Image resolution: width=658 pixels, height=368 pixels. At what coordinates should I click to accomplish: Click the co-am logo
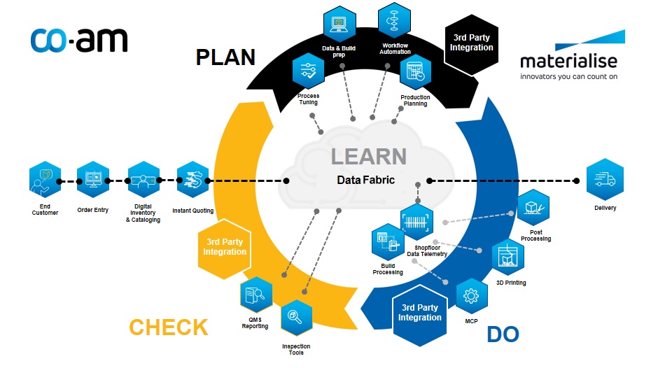[79, 41]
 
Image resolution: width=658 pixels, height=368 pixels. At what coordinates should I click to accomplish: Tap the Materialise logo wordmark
[568, 62]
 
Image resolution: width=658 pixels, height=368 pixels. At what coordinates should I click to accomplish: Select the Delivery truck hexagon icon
[605, 179]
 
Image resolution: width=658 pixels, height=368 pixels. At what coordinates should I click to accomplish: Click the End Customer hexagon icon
[45, 180]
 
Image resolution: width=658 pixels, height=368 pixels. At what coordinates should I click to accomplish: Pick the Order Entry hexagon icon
[92, 180]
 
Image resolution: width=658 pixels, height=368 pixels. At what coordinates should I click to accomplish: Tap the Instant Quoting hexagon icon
[193, 180]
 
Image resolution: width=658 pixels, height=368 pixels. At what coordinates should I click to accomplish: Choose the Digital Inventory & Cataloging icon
[143, 180]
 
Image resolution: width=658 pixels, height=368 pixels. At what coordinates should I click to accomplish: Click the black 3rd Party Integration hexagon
[471, 45]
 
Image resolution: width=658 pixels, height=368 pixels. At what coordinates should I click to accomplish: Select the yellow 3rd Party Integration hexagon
[225, 248]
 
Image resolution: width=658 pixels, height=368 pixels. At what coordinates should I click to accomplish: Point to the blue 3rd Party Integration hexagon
[419, 315]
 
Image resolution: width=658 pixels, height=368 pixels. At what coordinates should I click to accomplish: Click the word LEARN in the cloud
[369, 157]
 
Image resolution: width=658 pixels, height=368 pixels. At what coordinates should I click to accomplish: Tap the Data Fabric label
[366, 180]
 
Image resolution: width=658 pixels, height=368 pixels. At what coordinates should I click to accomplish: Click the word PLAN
[226, 57]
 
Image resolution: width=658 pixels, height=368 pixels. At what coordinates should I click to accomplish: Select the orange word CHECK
[168, 327]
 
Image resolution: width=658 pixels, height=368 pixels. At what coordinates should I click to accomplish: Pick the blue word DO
[503, 334]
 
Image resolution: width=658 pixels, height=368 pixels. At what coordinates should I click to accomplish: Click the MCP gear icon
[471, 296]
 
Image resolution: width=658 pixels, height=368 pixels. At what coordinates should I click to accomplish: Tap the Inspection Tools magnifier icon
[296, 317]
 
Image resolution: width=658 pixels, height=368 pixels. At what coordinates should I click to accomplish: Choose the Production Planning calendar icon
[415, 71]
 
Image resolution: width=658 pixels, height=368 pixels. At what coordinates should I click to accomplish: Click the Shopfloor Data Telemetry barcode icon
[416, 222]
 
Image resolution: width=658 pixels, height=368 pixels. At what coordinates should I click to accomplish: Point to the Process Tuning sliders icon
[309, 71]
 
